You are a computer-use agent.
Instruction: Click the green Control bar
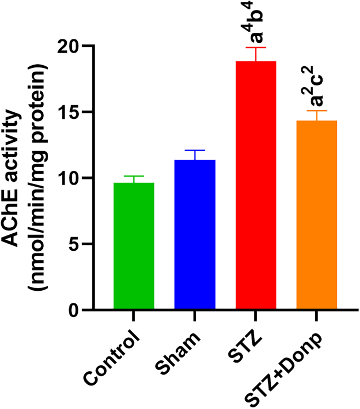click(134, 246)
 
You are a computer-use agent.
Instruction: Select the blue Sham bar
click(195, 235)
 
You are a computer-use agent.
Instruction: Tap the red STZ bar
click(255, 186)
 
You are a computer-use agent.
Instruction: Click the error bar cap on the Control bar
click(134, 177)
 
